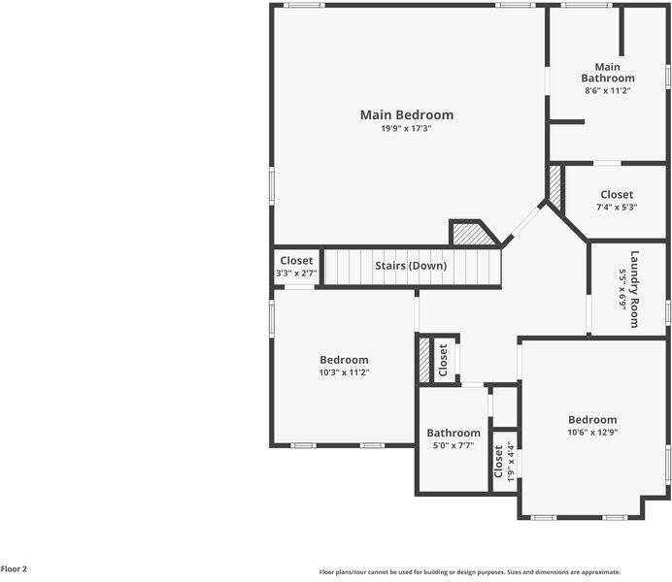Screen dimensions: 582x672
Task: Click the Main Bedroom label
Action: point(406,114)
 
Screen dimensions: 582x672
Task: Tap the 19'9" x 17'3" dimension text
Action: point(406,129)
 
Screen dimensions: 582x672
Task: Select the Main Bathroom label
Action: point(608,72)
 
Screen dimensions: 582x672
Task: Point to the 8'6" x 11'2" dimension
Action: point(608,90)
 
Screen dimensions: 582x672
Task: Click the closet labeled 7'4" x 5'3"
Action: point(616,195)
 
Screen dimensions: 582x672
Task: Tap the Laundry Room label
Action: point(635,289)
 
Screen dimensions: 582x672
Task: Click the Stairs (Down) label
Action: point(411,266)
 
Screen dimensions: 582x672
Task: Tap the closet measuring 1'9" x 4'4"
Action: point(504,461)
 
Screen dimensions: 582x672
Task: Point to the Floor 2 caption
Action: point(14,569)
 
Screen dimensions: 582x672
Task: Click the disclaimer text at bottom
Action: point(469,572)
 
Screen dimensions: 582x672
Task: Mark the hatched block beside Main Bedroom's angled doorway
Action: point(471,235)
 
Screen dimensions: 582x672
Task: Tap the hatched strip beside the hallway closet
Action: point(423,360)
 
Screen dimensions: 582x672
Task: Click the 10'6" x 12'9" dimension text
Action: point(592,433)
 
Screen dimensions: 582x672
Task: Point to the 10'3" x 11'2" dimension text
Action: point(344,372)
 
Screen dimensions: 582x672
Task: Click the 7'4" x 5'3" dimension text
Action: point(616,207)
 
